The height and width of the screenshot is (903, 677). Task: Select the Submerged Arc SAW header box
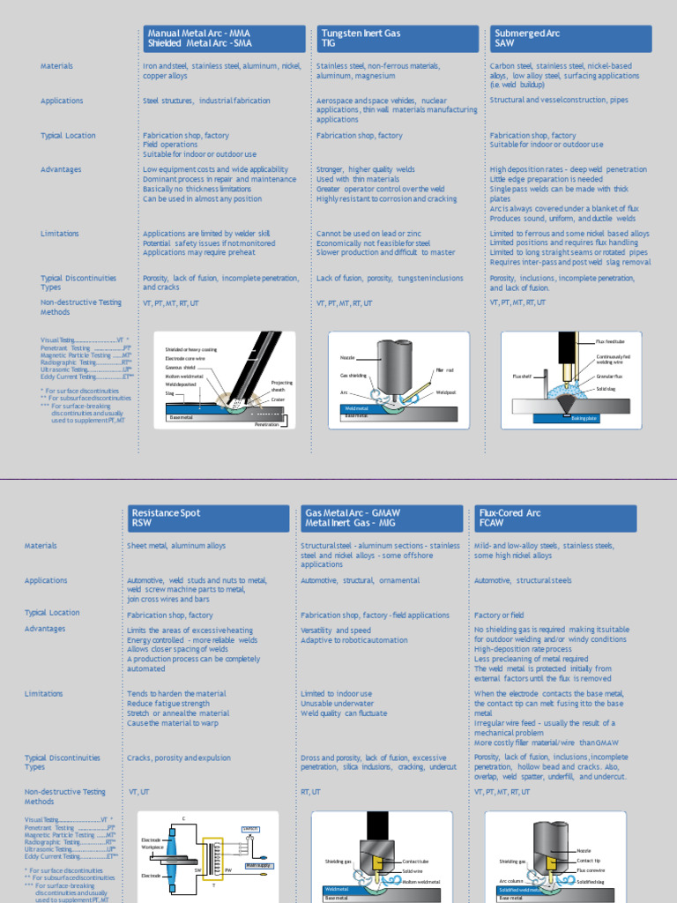coord(570,38)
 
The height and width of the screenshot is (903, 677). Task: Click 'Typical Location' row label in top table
coord(68,136)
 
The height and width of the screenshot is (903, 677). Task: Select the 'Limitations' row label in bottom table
coord(44,694)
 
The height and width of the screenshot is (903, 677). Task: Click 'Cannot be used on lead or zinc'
coord(368,234)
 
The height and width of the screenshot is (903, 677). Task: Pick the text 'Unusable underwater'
coord(336,704)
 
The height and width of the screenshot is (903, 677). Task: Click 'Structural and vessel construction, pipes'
coord(559,100)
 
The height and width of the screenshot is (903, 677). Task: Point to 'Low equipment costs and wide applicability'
coord(215,169)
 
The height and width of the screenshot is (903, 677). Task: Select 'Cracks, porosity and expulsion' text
coord(180,757)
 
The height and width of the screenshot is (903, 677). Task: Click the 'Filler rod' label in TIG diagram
coord(444,370)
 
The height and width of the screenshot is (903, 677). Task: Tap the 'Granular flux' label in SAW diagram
coord(609,377)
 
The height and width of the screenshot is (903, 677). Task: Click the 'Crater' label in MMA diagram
coord(278,399)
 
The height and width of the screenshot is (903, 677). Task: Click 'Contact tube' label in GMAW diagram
coord(415,860)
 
